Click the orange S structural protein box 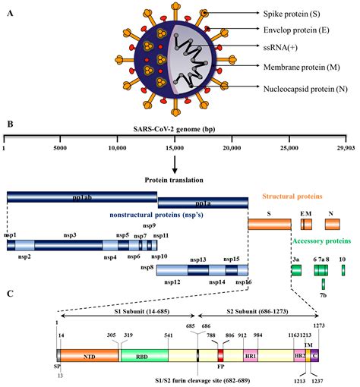(269, 224)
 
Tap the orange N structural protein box (333, 224)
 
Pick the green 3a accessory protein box (296, 269)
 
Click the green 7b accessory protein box (323, 284)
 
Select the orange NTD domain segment (89, 354)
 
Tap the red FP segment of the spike (221, 354)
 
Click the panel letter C (8, 294)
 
